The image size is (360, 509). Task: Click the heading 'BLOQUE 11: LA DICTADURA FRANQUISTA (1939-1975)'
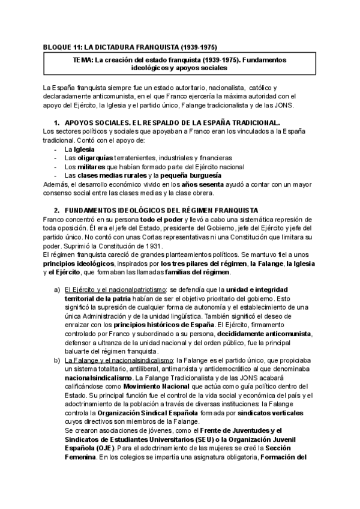click(x=131, y=47)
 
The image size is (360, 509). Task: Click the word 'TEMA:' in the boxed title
click(x=83, y=61)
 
